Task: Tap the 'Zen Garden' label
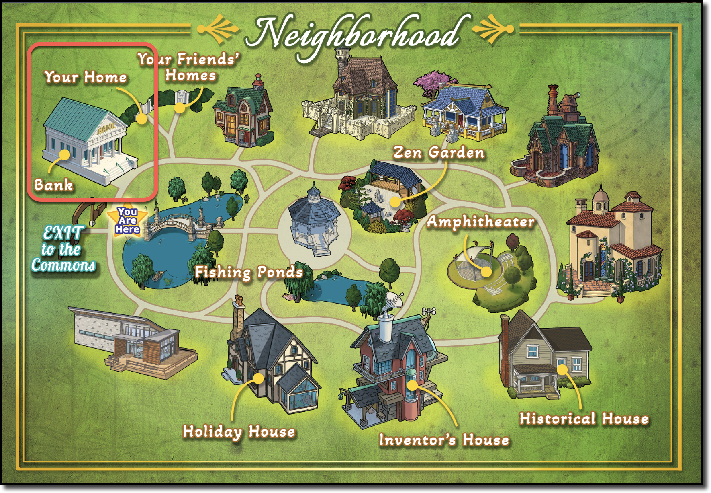pyautogui.click(x=439, y=153)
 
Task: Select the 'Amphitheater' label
pyautogui.click(x=480, y=222)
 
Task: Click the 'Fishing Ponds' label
pyautogui.click(x=249, y=272)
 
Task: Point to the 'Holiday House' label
pyautogui.click(x=239, y=432)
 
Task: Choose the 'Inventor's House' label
pyautogui.click(x=444, y=440)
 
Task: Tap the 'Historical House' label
pyautogui.click(x=584, y=419)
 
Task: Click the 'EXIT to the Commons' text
pyautogui.click(x=63, y=249)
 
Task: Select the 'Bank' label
pyautogui.click(x=53, y=185)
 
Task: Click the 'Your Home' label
pyautogui.click(x=86, y=77)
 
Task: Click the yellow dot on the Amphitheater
pyautogui.click(x=486, y=272)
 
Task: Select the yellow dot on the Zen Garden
pyautogui.click(x=395, y=202)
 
